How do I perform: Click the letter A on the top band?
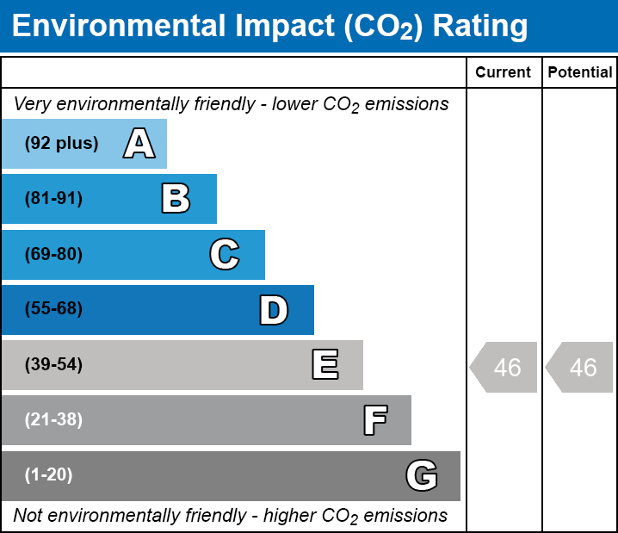[139, 143]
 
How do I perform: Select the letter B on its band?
[176, 199]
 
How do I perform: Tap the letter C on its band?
[225, 254]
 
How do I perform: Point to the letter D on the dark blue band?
[274, 310]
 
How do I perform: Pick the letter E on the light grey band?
[325, 364]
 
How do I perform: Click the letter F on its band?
[375, 420]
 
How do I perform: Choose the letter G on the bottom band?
[422, 475]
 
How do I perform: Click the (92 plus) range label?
[61, 143]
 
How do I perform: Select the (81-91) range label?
[53, 198]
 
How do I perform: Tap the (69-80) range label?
[53, 254]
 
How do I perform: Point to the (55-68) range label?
[53, 308]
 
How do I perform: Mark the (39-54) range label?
[53, 365]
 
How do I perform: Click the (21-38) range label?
[53, 420]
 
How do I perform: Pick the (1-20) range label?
[48, 475]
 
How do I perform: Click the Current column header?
[503, 72]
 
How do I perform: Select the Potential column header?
[580, 72]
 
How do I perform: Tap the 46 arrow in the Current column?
[504, 367]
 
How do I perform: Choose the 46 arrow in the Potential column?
[579, 367]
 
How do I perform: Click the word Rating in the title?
[480, 27]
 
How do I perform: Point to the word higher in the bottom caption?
[288, 515]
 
